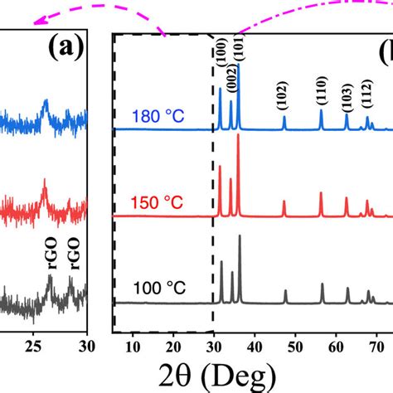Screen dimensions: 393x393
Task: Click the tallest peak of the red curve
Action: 239,135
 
